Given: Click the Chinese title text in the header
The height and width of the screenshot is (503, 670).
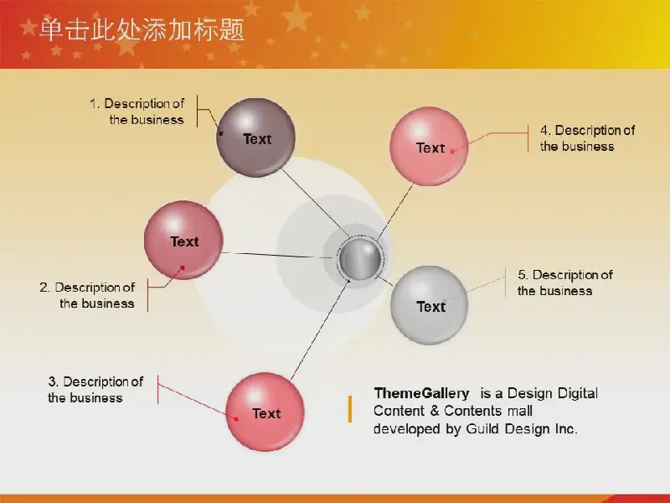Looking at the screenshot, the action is click(x=142, y=30).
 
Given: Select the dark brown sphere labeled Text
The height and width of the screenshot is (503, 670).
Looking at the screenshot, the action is click(x=256, y=137).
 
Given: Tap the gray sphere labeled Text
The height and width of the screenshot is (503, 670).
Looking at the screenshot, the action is click(x=430, y=305).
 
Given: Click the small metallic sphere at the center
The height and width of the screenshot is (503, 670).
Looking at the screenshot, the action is click(x=360, y=259).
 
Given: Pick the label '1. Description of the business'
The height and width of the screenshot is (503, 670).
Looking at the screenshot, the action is click(x=137, y=111).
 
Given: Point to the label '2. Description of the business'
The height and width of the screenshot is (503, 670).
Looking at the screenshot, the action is click(x=87, y=295).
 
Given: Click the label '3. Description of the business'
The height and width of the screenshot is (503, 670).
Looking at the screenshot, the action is click(x=95, y=389).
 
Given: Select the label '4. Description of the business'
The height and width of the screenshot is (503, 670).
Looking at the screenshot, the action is click(x=588, y=138).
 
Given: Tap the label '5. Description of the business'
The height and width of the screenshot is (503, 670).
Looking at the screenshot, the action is click(x=565, y=283).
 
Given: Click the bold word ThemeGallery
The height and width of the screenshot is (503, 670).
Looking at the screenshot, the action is click(x=421, y=393).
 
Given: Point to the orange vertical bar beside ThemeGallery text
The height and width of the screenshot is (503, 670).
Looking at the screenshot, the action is click(x=350, y=409).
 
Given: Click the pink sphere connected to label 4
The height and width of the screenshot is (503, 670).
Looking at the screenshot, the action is click(x=429, y=146).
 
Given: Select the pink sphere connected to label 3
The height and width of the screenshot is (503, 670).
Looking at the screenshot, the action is click(x=265, y=412).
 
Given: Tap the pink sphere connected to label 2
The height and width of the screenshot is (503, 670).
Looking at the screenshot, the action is click(x=183, y=240).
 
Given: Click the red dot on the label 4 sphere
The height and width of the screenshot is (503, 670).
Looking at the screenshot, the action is click(x=452, y=152).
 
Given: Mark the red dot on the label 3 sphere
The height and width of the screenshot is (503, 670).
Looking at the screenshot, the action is click(x=237, y=419).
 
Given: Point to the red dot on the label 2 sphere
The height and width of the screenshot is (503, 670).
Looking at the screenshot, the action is click(x=183, y=267).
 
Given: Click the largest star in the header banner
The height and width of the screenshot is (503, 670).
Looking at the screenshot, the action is click(x=296, y=16).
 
